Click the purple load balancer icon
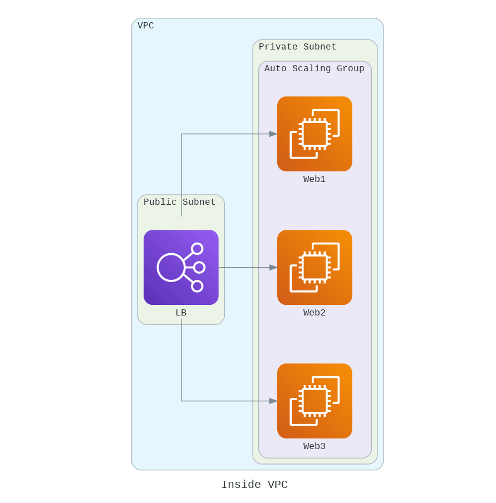click(181, 267)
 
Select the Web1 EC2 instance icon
click(315, 134)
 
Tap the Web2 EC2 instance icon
click(315, 267)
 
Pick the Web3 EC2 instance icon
click(315, 401)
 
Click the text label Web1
click(315, 179)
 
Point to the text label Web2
click(315, 313)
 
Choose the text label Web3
click(315, 446)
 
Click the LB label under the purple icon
click(181, 313)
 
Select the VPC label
click(146, 26)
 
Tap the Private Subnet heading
click(297, 47)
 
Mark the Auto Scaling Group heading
click(314, 68)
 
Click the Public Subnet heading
click(179, 202)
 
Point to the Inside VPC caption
click(254, 485)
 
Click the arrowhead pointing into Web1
click(273, 134)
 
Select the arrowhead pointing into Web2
click(273, 267)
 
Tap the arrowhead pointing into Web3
click(273, 401)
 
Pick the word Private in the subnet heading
click(278, 47)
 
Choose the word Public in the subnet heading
click(160, 202)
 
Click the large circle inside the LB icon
click(171, 267)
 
